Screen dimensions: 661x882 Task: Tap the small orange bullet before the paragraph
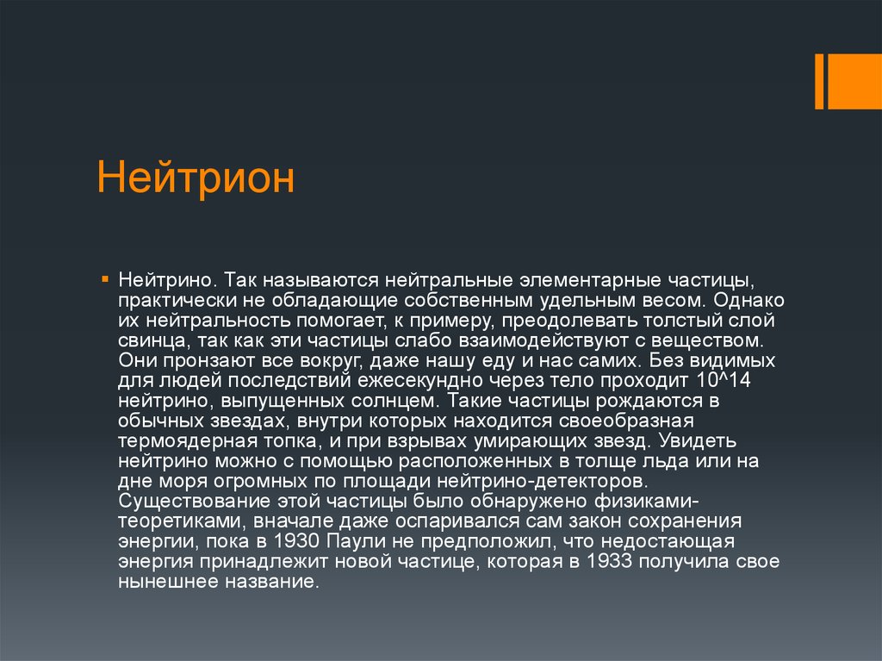pos(104,279)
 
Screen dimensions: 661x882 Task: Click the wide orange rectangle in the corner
pos(855,82)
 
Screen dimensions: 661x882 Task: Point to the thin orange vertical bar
pos(819,82)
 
